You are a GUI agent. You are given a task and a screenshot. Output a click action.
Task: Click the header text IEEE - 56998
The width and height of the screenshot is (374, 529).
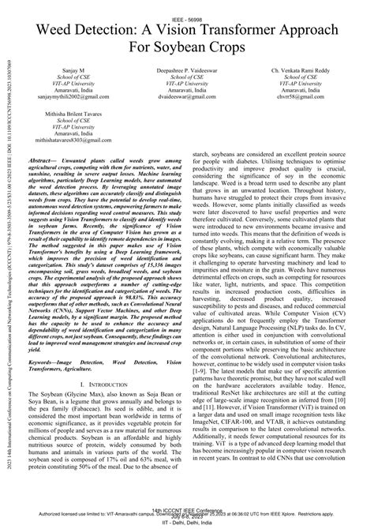click(187, 6)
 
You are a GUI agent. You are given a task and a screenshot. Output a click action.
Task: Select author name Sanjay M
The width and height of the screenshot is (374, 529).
click(77, 69)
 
